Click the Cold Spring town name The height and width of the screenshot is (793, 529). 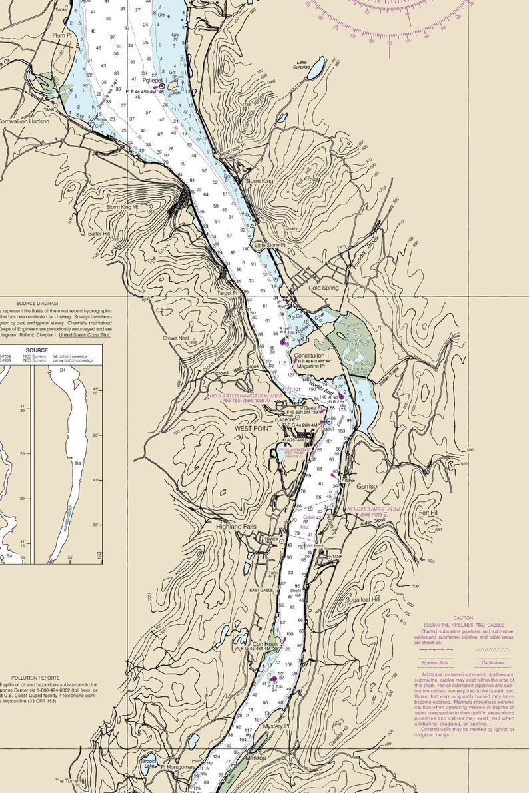tap(324, 288)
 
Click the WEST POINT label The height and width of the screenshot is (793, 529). tap(253, 429)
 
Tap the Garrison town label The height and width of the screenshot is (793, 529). tap(368, 487)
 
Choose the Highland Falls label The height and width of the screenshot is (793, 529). tap(236, 527)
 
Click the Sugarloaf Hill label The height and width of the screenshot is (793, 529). tap(362, 600)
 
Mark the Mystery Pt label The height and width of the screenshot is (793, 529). tap(276, 726)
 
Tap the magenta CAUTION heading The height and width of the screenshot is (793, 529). tap(463, 619)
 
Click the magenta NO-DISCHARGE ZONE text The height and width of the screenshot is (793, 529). tap(375, 509)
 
